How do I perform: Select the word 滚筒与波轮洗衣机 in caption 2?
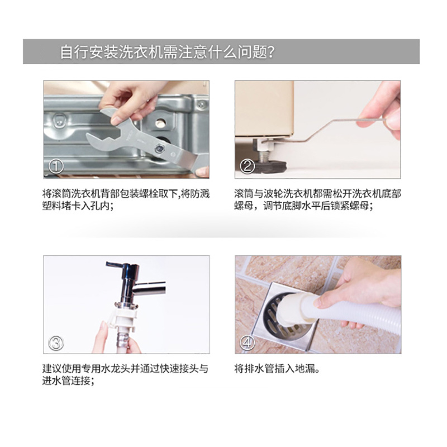point(274,193)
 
